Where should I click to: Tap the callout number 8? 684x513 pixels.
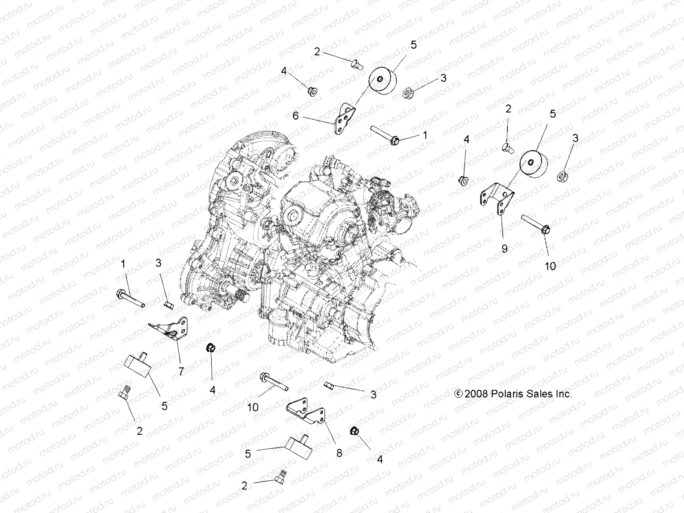coord(339,453)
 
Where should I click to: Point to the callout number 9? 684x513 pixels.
coord(504,248)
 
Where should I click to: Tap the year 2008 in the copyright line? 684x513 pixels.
coord(475,394)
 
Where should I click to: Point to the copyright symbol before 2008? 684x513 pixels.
coord(458,394)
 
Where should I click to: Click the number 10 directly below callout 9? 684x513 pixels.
coord(550,266)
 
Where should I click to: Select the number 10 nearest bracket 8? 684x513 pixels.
coord(253,407)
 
